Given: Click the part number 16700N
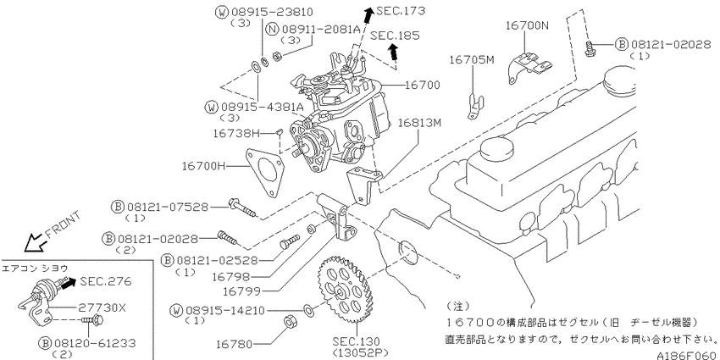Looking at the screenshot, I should pos(527,26).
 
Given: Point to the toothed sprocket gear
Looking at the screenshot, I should pos(346,292).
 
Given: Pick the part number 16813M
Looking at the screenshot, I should pos(421,122).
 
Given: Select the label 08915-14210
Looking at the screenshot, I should pos(219,310).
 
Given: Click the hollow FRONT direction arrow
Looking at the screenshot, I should pos(36,242).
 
